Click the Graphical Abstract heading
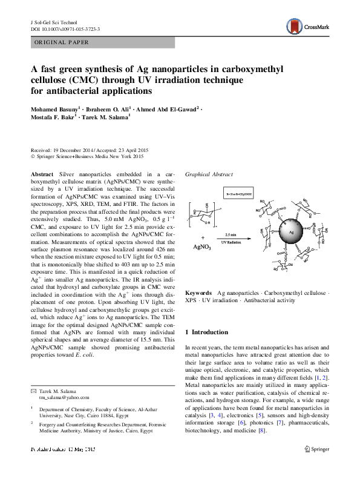tap(209, 174)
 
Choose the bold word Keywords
tap(198, 292)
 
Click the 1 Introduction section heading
tap(207, 332)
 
